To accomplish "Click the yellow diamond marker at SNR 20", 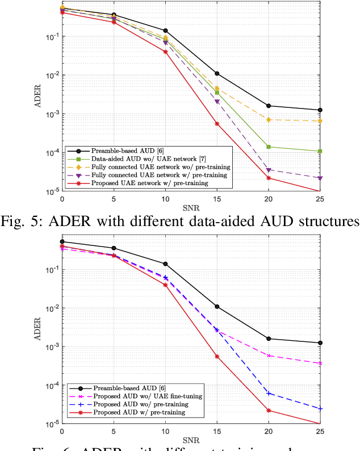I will click(x=269, y=119).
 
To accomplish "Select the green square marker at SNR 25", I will click(x=320, y=151).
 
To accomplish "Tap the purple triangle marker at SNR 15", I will click(x=217, y=102).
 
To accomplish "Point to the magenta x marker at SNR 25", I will click(x=320, y=363).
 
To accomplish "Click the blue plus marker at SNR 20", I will click(x=269, y=393).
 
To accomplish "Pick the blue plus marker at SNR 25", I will click(x=320, y=408).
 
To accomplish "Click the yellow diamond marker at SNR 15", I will click(x=217, y=89).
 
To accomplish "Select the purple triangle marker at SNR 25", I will click(x=320, y=178).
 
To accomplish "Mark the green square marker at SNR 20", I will click(x=269, y=147).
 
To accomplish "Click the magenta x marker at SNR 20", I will click(x=269, y=356).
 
